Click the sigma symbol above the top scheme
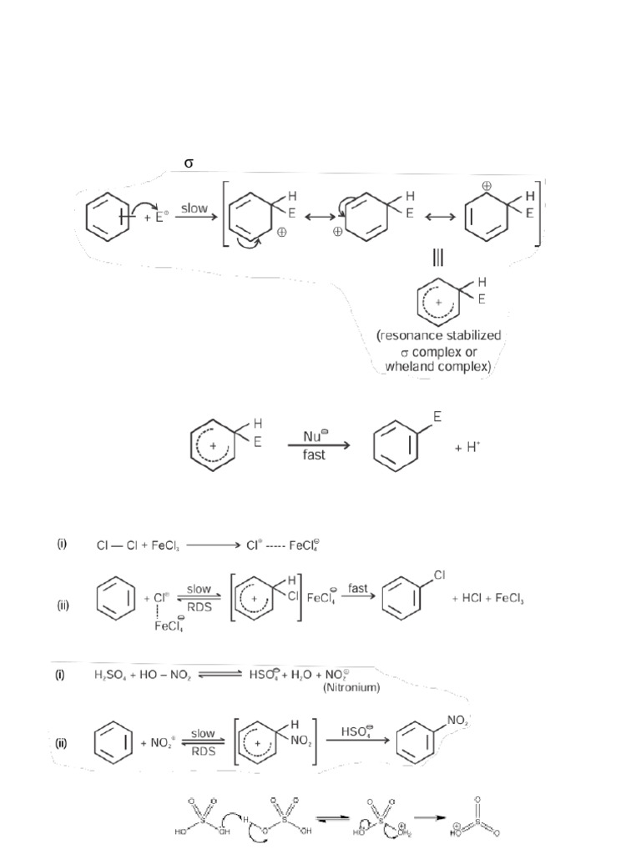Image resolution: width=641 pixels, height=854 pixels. coord(189,163)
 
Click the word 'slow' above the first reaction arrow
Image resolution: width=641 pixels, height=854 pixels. coord(194,208)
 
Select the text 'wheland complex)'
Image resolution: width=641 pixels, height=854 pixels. coord(439,366)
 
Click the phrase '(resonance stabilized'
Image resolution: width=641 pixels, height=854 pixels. coord(439,335)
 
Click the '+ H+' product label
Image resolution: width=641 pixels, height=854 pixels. coord(467,448)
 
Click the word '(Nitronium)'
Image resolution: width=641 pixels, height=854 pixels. coord(351,688)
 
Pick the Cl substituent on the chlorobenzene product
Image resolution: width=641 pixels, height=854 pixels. coord(439,575)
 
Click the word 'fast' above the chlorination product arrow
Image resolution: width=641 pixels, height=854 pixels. coord(360,588)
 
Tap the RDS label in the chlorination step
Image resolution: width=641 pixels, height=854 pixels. coord(199,607)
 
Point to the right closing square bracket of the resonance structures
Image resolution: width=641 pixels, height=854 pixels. coord(544,213)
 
